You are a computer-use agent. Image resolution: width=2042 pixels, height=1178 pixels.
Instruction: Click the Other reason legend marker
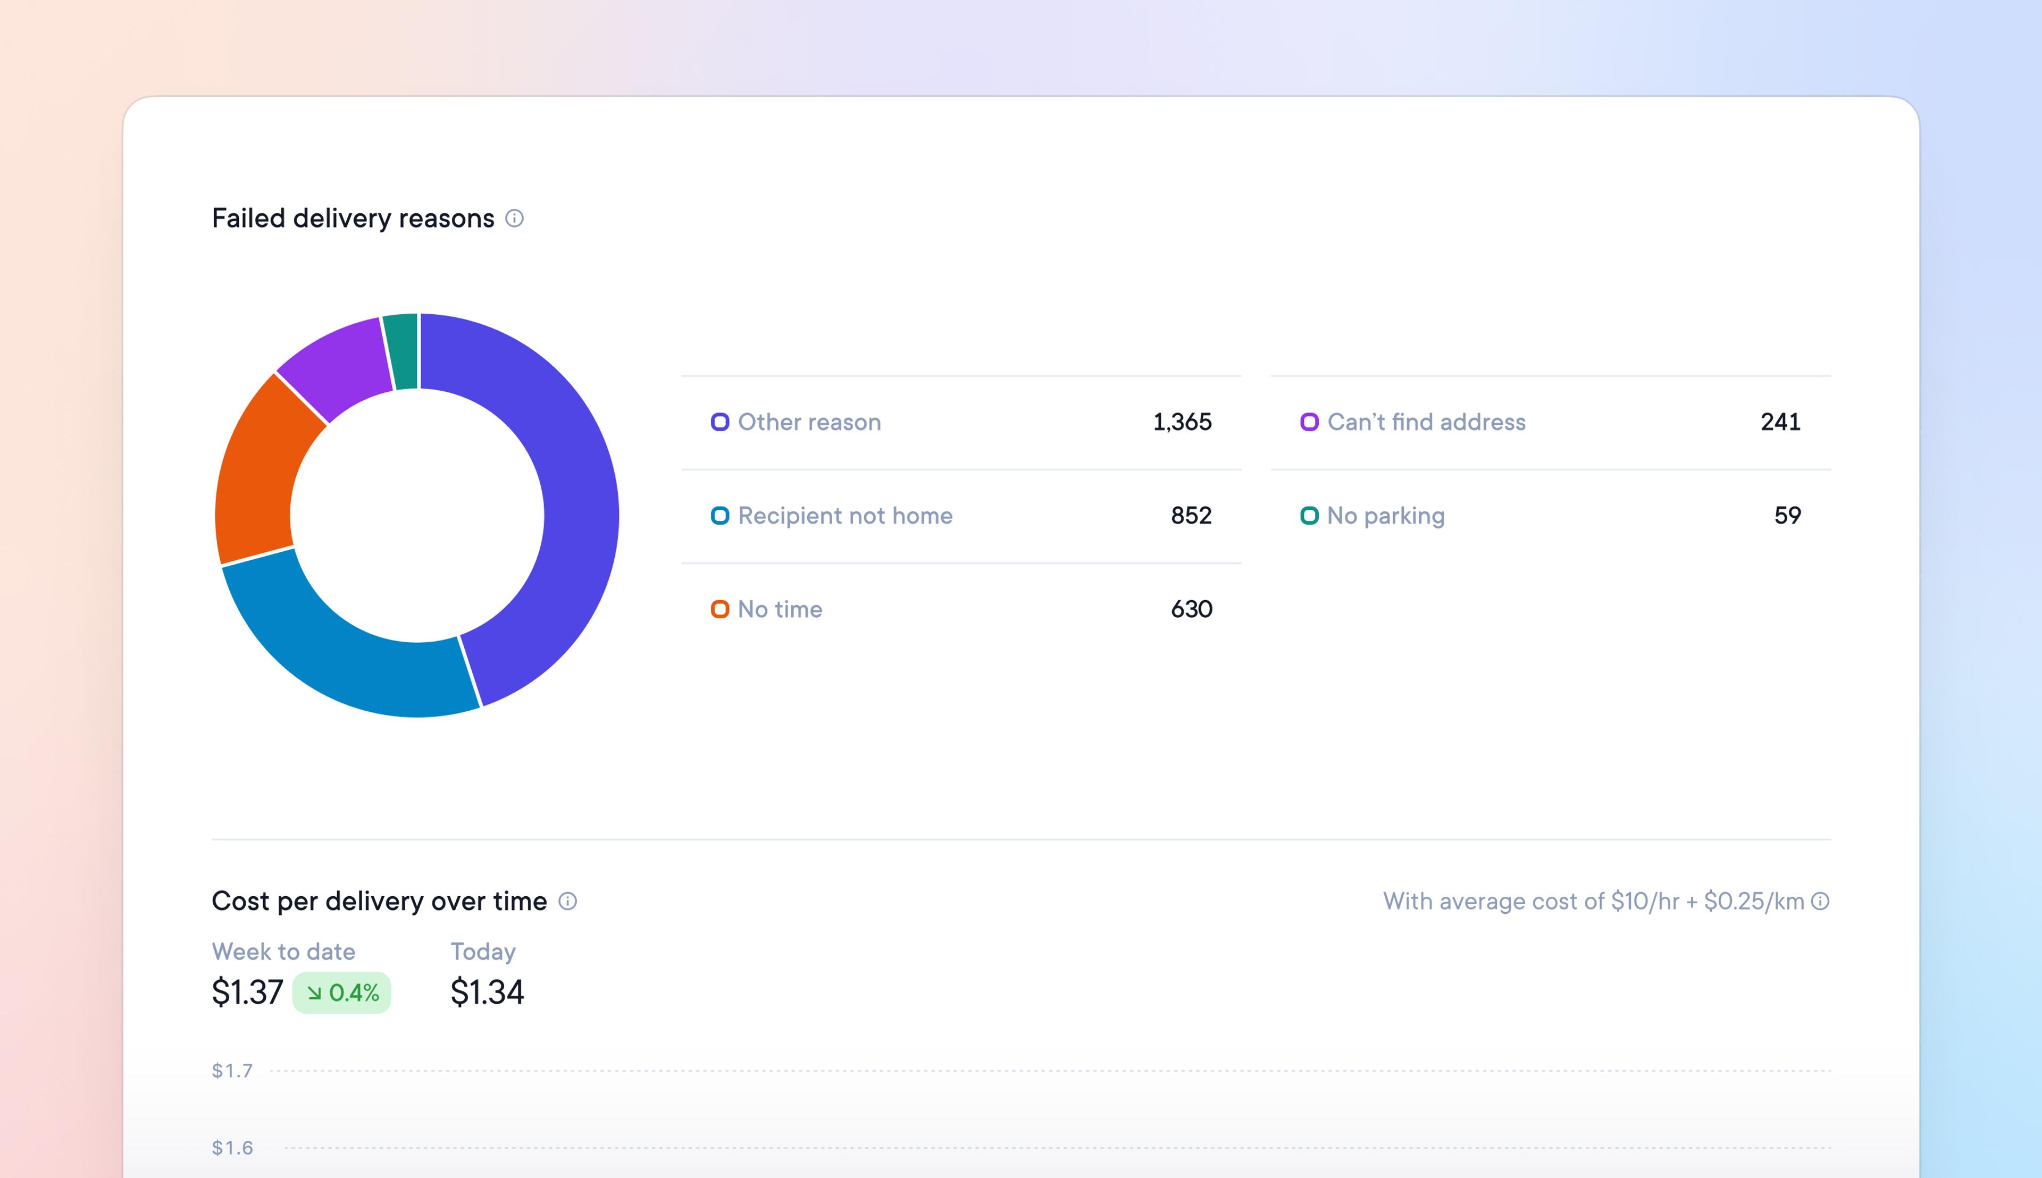(719, 422)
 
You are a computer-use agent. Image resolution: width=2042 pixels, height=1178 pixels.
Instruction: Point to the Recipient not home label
(845, 516)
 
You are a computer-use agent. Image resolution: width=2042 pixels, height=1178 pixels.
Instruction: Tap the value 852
(1191, 516)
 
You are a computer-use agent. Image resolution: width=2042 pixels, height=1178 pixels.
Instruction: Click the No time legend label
(780, 609)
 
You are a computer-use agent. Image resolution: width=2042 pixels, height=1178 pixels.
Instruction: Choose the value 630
(1191, 609)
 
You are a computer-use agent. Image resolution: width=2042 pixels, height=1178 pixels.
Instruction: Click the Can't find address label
(1426, 422)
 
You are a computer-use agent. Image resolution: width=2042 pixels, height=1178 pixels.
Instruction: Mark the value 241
(1780, 422)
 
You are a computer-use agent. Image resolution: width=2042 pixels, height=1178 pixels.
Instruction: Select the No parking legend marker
(1309, 516)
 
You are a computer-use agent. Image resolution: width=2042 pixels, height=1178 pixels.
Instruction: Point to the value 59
(1787, 516)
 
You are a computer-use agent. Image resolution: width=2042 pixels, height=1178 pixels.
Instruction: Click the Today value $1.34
(487, 992)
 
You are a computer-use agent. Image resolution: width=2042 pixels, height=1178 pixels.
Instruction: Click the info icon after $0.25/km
(1820, 901)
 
